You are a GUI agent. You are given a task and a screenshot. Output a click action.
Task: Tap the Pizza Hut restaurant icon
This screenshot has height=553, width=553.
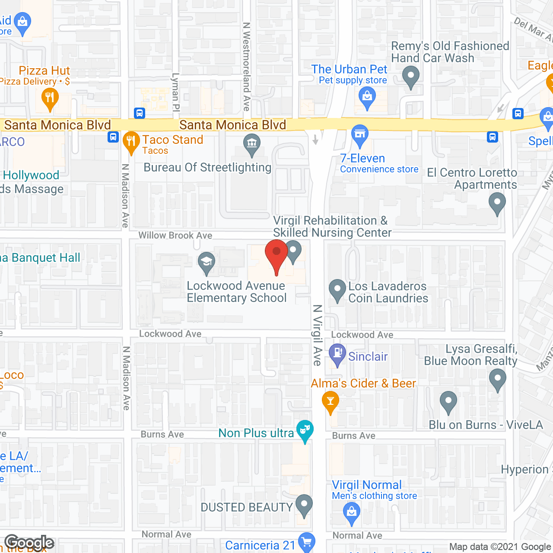(50, 98)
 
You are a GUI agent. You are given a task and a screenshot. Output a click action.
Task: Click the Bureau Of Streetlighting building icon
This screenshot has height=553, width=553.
(251, 144)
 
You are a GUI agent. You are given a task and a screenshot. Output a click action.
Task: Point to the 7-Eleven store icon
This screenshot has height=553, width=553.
(359, 134)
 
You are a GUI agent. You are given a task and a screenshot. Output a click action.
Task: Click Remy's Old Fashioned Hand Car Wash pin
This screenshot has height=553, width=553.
(410, 78)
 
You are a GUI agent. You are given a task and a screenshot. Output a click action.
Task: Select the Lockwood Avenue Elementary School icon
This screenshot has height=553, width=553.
(207, 262)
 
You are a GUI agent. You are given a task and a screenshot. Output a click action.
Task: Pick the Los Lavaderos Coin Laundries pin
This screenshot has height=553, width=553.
(337, 290)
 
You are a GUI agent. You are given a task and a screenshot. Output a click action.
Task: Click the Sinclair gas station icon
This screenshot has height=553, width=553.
(338, 353)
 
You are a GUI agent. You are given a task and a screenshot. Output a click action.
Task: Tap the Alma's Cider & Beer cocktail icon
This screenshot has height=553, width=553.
(331, 402)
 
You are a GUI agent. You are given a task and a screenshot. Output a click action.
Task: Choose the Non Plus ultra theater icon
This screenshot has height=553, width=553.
(305, 430)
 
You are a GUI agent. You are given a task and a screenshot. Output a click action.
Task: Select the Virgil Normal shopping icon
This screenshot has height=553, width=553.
(352, 513)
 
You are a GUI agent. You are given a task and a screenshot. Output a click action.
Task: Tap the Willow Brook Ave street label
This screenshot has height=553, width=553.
(175, 235)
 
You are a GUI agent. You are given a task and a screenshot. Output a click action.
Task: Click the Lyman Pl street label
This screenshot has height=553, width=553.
(175, 92)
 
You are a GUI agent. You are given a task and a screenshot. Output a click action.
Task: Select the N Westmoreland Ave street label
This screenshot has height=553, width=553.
(246, 67)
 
